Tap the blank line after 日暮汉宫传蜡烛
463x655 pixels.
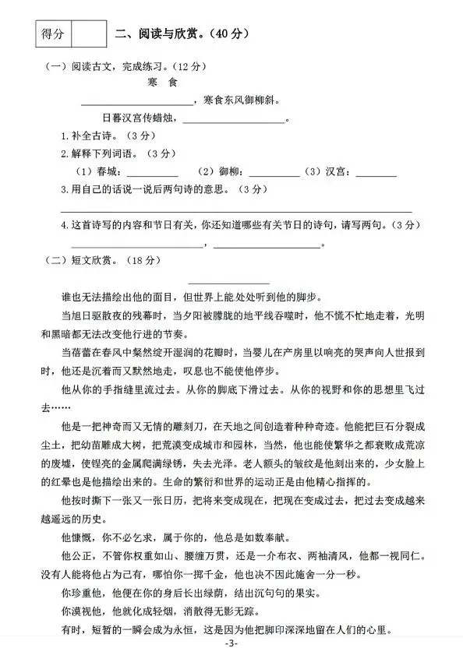234,120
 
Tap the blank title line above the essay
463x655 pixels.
229,282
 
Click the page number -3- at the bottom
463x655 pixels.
231,645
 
